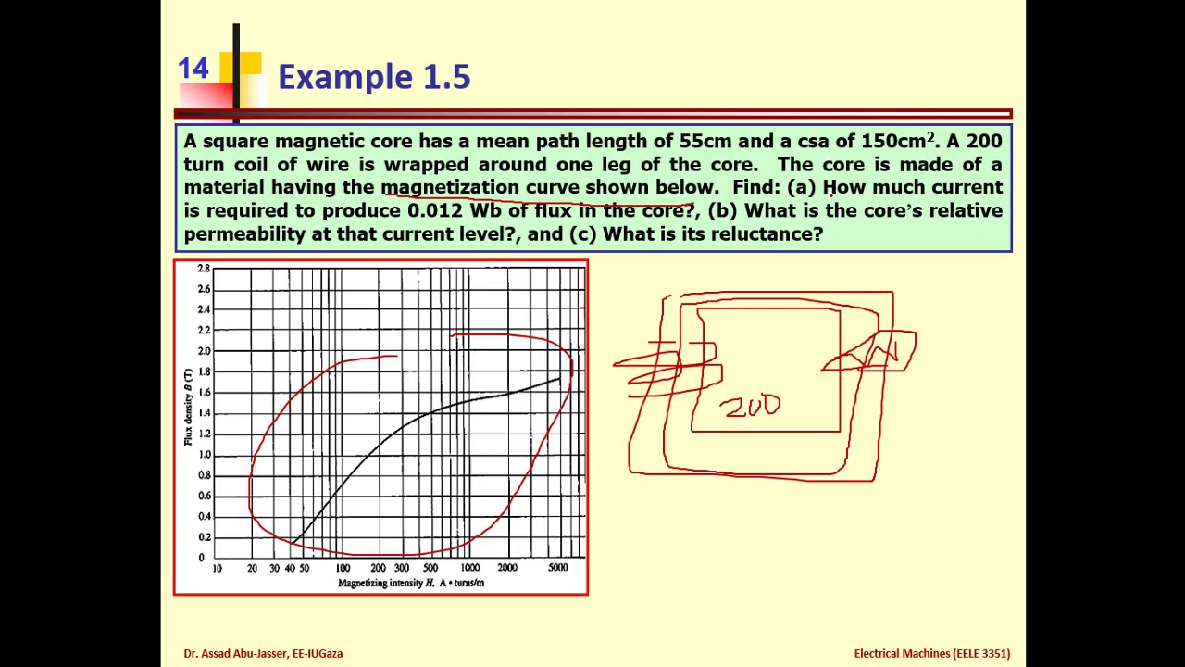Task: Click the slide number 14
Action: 193,69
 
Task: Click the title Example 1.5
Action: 374,77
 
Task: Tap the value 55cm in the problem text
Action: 705,141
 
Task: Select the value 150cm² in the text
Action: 897,141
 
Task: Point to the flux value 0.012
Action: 434,210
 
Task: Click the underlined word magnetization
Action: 450,187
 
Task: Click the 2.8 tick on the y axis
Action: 204,269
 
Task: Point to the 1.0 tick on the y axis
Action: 204,455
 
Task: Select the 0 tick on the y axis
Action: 201,558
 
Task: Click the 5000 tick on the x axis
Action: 557,568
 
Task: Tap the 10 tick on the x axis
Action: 217,568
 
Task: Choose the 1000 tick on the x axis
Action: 469,568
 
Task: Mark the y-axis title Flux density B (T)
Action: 188,408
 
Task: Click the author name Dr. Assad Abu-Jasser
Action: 263,653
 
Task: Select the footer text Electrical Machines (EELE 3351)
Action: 931,653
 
